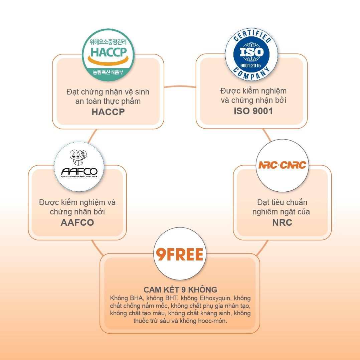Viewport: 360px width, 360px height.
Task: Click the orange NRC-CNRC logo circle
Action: coord(282,165)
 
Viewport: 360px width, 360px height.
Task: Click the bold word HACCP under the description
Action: coord(108,112)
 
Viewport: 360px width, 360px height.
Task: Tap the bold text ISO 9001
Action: coord(253,111)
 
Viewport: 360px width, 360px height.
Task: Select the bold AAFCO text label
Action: coord(77,222)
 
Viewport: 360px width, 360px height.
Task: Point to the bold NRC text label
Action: coord(282,222)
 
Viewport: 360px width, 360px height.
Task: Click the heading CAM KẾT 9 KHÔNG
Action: coord(180,290)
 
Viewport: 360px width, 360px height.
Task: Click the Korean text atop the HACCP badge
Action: coord(108,42)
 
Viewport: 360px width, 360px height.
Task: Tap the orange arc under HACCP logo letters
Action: coord(108,62)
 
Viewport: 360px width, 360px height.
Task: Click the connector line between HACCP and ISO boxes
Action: coord(180,87)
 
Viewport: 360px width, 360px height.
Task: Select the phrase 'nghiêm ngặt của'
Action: coord(281,212)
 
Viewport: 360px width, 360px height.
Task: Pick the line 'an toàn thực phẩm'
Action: coord(108,101)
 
